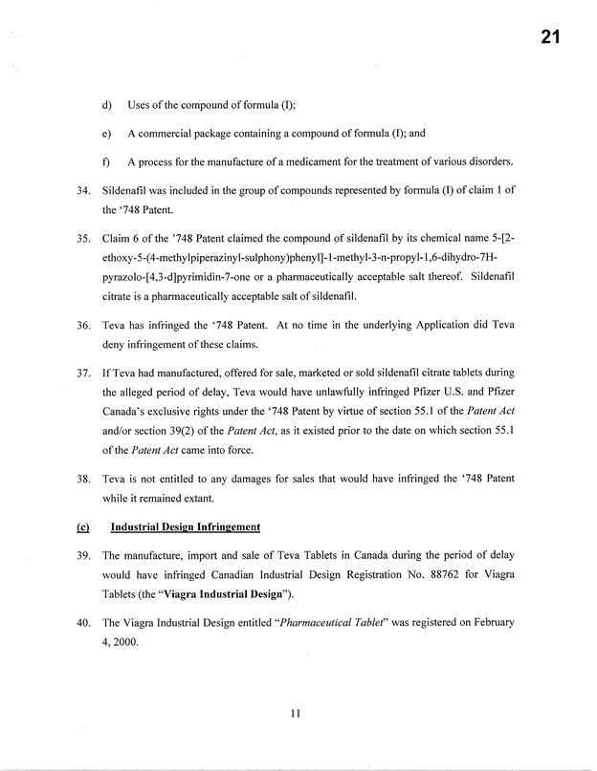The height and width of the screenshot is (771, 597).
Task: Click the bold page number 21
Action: pyautogui.click(x=549, y=38)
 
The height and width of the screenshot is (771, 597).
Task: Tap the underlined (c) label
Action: pyautogui.click(x=82, y=526)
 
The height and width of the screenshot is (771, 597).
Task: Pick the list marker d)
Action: pyautogui.click(x=106, y=103)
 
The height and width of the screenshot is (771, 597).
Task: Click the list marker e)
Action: pyautogui.click(x=106, y=132)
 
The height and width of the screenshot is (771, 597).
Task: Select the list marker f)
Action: pyautogui.click(x=106, y=160)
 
